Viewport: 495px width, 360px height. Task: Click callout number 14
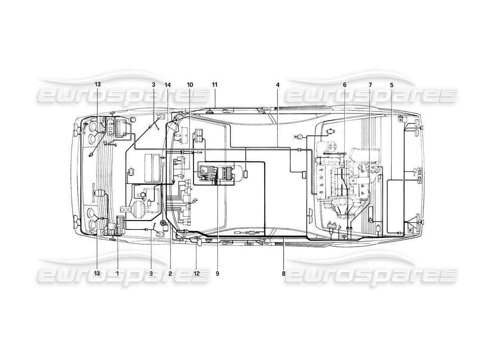pos(168,85)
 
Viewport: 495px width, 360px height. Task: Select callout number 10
pos(190,85)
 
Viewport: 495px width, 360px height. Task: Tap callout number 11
pos(215,85)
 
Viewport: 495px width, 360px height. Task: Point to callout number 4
pos(278,85)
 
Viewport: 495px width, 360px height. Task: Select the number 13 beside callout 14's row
pos(98,85)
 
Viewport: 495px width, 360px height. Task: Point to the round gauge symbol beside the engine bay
pos(297,136)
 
